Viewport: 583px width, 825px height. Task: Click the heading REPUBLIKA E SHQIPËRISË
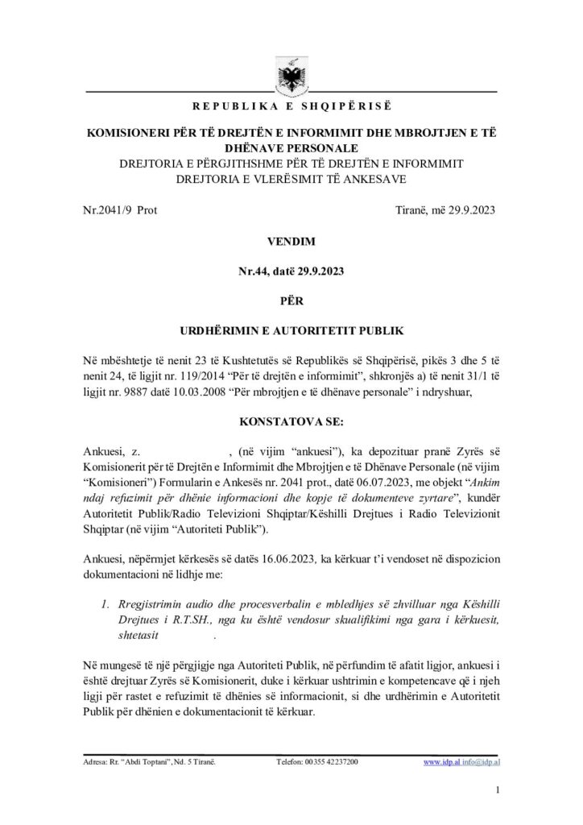point(291,106)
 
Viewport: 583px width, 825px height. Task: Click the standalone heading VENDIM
point(291,241)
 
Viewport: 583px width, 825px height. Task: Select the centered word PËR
point(291,301)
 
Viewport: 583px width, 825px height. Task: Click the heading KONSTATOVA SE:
point(291,421)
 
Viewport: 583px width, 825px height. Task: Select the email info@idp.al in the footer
point(478,761)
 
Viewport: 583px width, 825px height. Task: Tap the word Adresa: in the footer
point(95,761)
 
